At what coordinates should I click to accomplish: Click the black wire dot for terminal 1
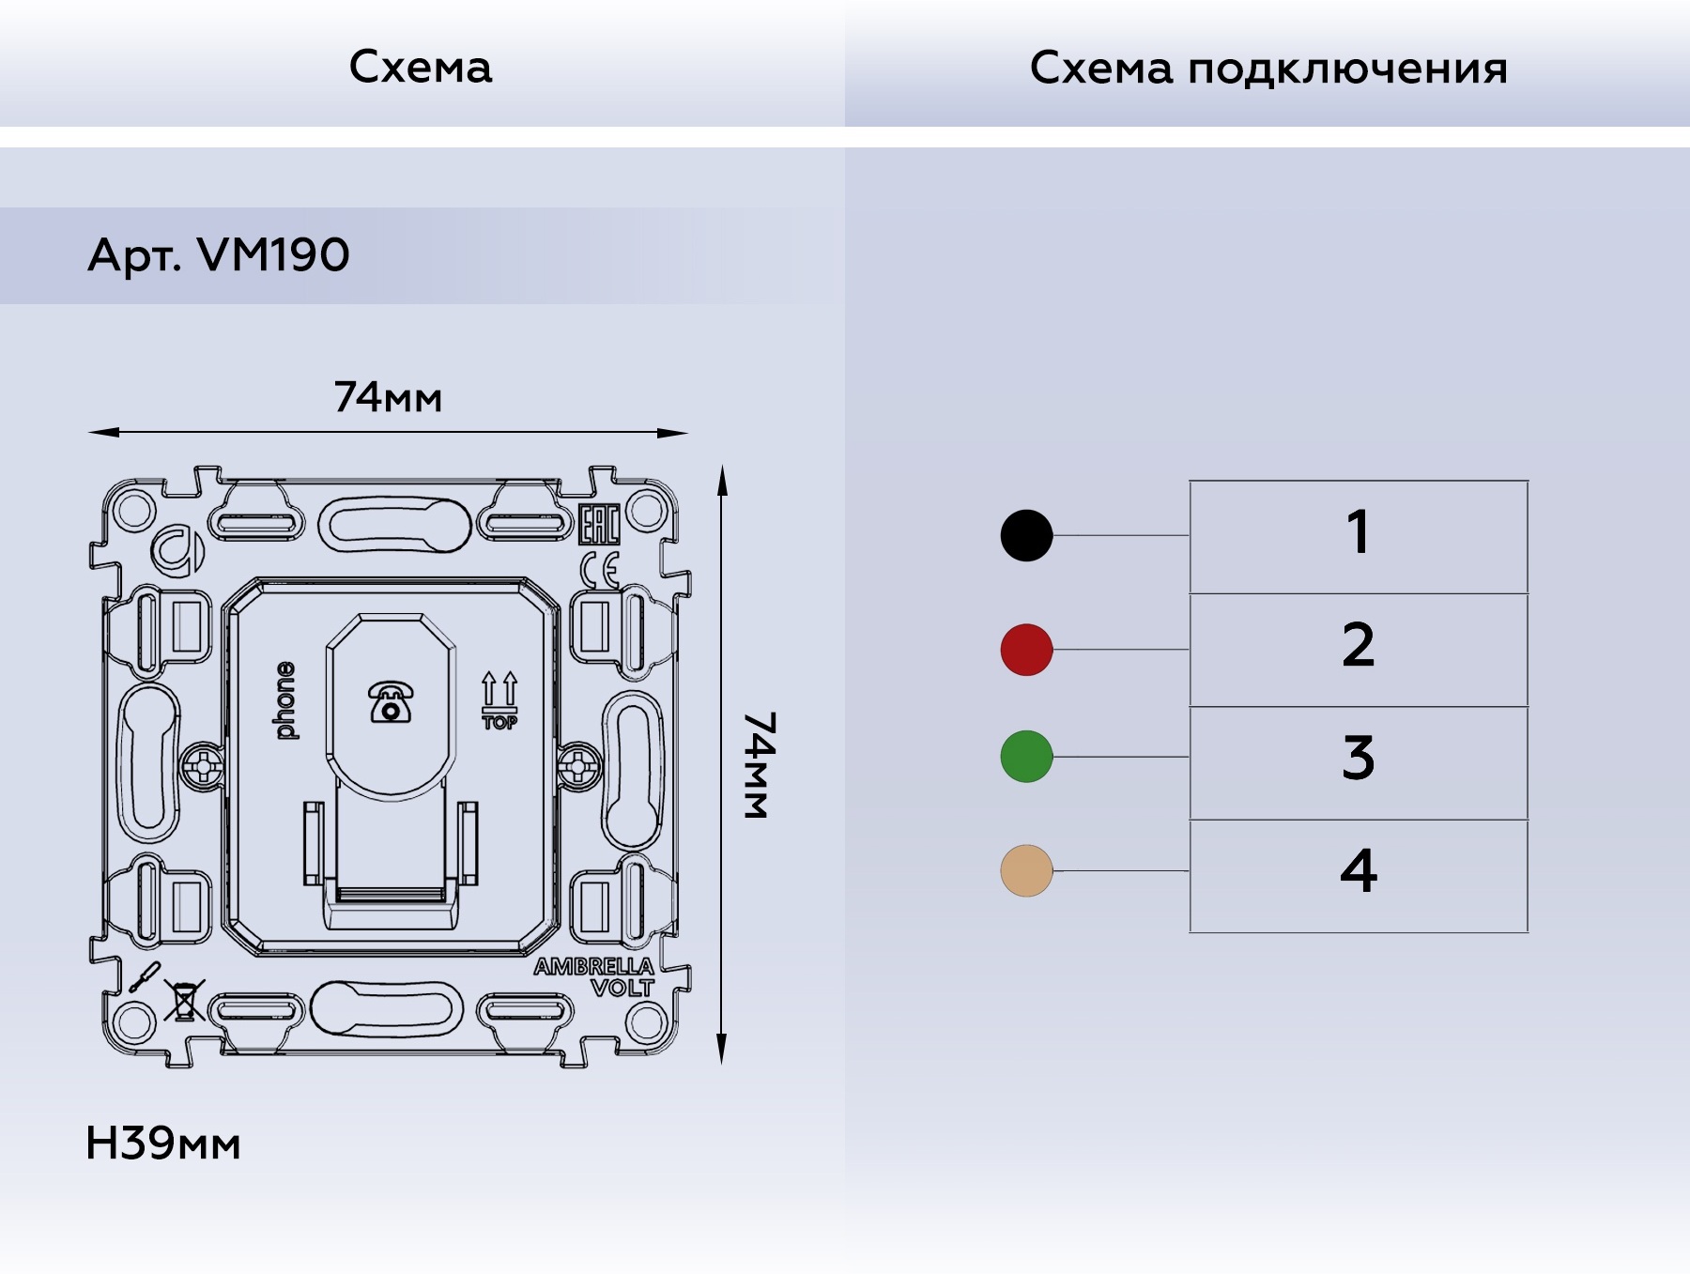pyautogui.click(x=1026, y=535)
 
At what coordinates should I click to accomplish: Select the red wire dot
pyautogui.click(x=1026, y=649)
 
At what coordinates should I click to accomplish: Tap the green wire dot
pyautogui.click(x=1026, y=756)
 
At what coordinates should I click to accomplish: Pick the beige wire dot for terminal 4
pyautogui.click(x=1026, y=870)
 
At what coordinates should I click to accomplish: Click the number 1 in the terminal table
pyautogui.click(x=1358, y=535)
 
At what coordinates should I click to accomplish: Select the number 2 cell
pyautogui.click(x=1358, y=648)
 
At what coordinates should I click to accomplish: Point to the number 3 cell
pyautogui.click(x=1358, y=760)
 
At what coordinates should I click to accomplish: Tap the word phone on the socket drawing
pyautogui.click(x=285, y=700)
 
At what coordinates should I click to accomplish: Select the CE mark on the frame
pyautogui.click(x=599, y=570)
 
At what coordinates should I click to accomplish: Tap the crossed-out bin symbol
pyautogui.click(x=184, y=1000)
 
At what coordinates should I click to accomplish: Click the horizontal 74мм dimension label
pyautogui.click(x=388, y=398)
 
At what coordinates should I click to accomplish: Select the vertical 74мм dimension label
pyautogui.click(x=759, y=764)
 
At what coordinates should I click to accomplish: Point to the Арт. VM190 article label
pyautogui.click(x=218, y=255)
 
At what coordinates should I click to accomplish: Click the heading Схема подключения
pyautogui.click(x=1268, y=69)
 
